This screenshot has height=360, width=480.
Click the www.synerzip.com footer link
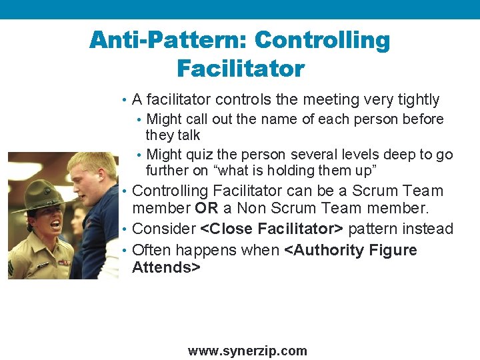click(247, 351)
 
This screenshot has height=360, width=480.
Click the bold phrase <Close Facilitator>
click(271, 229)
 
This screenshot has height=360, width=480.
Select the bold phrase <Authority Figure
click(351, 250)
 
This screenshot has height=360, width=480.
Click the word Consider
click(164, 229)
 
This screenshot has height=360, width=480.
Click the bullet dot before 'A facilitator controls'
click(125, 101)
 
